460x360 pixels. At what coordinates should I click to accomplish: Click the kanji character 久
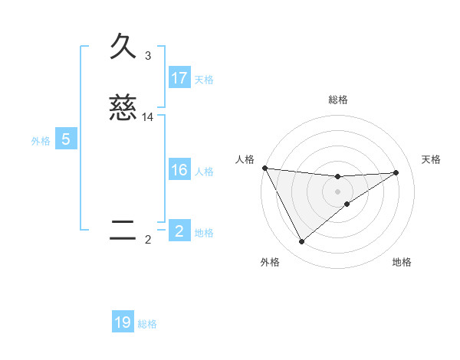(123, 47)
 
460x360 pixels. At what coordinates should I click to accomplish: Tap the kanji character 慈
(123, 109)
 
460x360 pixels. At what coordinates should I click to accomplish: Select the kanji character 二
(123, 231)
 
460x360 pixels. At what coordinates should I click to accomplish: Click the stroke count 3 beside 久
(148, 56)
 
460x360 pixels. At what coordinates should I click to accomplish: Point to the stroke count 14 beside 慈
(148, 117)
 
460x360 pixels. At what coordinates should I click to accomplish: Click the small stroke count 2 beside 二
(148, 240)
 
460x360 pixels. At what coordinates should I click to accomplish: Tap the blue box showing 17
(179, 78)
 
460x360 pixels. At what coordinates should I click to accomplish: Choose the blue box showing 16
(179, 170)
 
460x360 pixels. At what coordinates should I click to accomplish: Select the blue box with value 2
(179, 231)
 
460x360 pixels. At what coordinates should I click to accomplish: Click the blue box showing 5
(66, 139)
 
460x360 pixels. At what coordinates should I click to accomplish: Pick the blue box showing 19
(123, 322)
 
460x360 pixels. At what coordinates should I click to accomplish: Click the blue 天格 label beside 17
(204, 79)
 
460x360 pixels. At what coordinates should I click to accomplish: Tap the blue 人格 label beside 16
(204, 171)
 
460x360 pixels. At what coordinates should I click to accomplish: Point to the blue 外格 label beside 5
(41, 140)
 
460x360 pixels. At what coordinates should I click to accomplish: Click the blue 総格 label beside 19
(147, 323)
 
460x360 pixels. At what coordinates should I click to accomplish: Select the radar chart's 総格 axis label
(338, 100)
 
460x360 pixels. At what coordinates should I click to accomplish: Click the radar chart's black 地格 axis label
(402, 262)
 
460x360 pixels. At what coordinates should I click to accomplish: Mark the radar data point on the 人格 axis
(264, 168)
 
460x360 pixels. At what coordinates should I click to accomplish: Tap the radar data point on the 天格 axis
(396, 172)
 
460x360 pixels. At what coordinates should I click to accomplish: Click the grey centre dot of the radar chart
(338, 191)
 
